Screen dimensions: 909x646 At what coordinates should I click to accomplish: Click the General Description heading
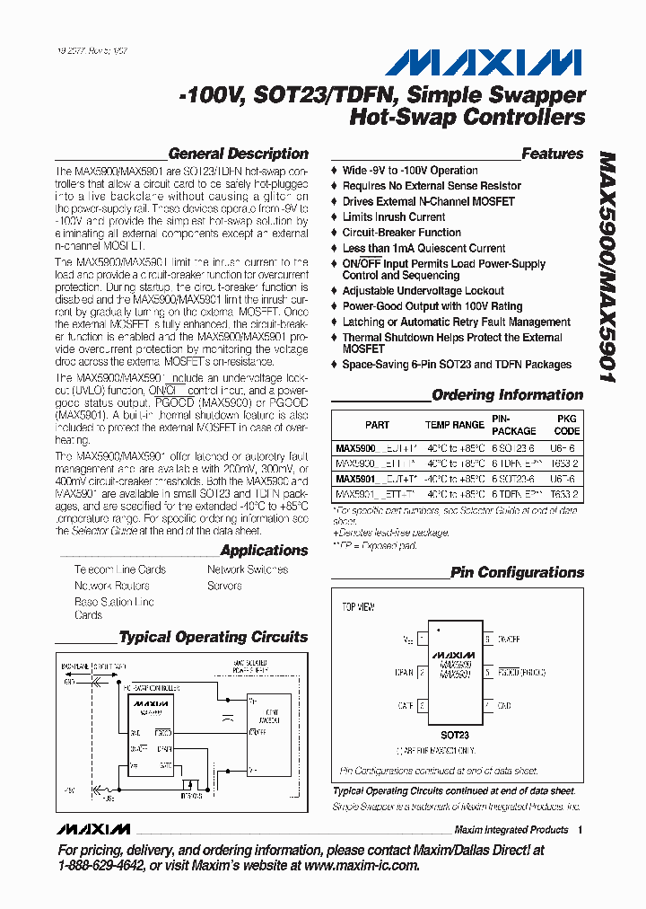[x=238, y=154]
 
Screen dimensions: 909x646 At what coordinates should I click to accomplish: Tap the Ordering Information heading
[x=507, y=395]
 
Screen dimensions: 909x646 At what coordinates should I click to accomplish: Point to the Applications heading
[x=264, y=551]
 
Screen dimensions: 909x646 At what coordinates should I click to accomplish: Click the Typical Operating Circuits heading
[x=214, y=637]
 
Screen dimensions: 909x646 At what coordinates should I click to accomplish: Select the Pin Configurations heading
[x=517, y=572]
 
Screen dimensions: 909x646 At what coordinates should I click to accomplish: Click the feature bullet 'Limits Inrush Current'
[x=393, y=216]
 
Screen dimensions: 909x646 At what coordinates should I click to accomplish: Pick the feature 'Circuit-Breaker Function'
[x=401, y=232]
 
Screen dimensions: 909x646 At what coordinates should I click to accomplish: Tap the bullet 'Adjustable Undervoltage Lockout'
[x=423, y=291]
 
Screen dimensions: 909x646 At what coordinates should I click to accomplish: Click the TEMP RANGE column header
[x=454, y=425]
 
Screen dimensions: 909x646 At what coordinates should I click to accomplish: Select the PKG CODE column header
[x=566, y=425]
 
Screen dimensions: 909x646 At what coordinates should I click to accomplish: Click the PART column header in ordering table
[x=377, y=425]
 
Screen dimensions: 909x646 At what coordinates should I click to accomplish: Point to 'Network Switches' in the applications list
[x=248, y=569]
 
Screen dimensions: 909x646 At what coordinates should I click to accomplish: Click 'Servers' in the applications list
[x=224, y=586]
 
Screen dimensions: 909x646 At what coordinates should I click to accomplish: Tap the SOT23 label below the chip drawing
[x=458, y=735]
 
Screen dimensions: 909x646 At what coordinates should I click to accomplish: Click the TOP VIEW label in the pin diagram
[x=358, y=607]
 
